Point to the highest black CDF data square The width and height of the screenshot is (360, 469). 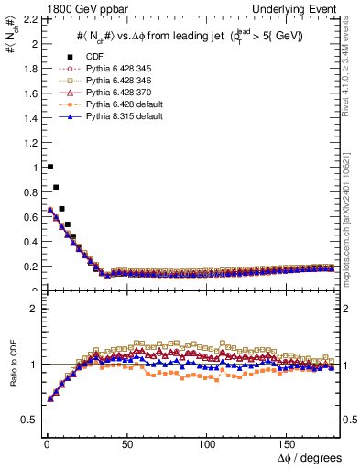[49, 167]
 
